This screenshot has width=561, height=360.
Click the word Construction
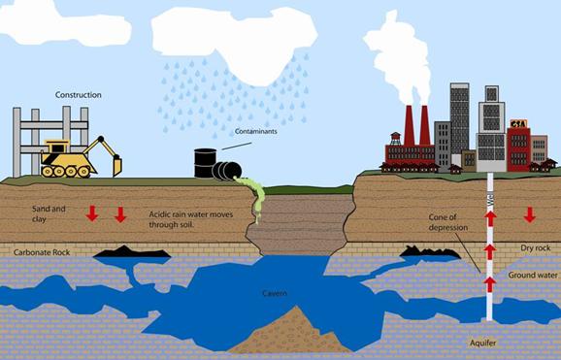click(x=79, y=95)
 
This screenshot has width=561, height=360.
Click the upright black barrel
click(x=205, y=162)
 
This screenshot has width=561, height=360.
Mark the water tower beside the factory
click(x=395, y=143)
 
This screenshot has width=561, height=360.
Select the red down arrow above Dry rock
click(x=529, y=214)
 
